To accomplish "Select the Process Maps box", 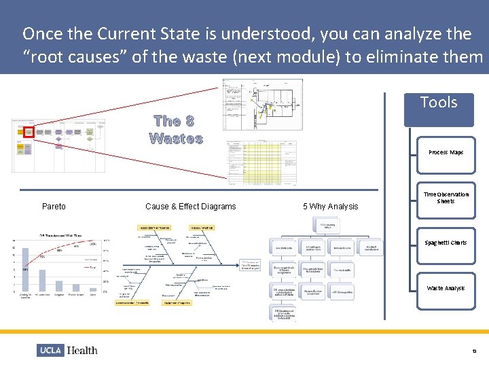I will pyautogui.click(x=446, y=152).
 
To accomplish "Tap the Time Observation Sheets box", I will pyautogui.click(x=446, y=198).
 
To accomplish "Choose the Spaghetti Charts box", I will pyautogui.click(x=446, y=243).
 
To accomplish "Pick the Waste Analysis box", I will pyautogui.click(x=446, y=288).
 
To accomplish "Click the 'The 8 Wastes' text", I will pyautogui.click(x=176, y=130).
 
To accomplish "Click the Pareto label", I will pyautogui.click(x=54, y=207).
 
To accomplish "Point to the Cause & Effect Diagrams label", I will pyautogui.click(x=191, y=207).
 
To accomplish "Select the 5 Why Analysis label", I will pyautogui.click(x=330, y=207).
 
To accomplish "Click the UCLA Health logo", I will pyautogui.click(x=67, y=350).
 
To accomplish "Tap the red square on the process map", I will pyautogui.click(x=29, y=132).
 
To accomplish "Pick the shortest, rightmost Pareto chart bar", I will pyautogui.click(x=93, y=292).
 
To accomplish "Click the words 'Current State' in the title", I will pyautogui.click(x=143, y=33).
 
